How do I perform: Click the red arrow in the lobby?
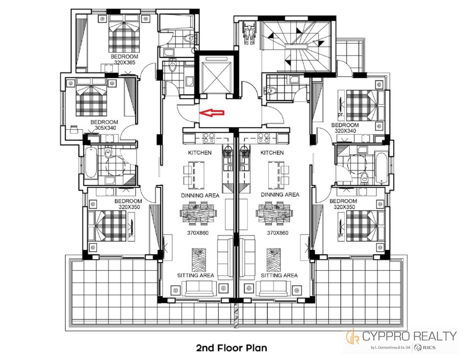pos(212,113)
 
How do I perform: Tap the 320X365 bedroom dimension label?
pos(125,63)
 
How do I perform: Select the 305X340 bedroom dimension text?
pos(105,128)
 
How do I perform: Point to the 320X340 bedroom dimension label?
pos(345,131)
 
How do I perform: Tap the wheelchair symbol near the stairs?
pos(248,34)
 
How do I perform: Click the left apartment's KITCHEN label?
pos(200,153)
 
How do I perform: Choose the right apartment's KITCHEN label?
pos(272,153)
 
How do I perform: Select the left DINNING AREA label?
pos(200,195)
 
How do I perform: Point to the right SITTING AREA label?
pos(279,275)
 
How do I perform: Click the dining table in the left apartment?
pos(198,213)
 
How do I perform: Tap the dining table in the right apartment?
pos(274,213)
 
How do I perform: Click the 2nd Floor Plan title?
pos(232,348)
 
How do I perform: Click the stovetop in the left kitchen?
pos(208,138)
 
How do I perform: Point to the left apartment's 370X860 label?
pos(198,233)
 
